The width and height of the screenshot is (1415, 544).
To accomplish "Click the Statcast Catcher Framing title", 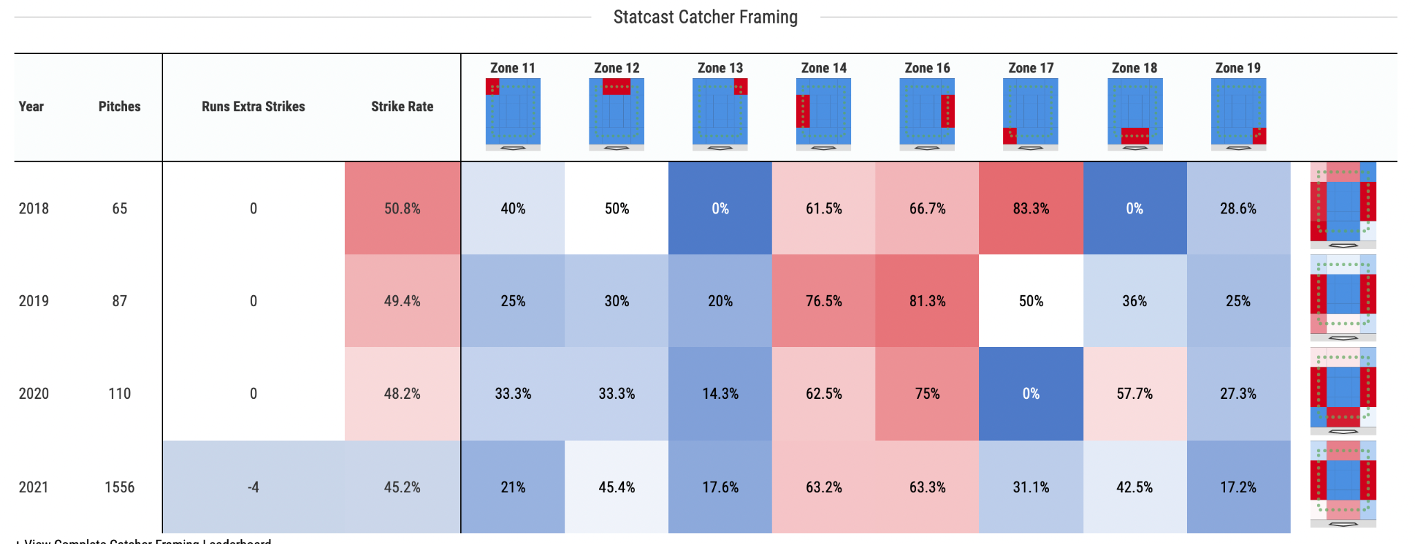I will pos(705,17).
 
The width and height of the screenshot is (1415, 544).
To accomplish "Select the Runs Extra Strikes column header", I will pos(253,106).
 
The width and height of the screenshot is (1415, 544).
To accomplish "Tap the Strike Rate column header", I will pos(402,106).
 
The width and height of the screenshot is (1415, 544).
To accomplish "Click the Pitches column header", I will pos(119,106).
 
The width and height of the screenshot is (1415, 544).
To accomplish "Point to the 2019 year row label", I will pos(34,301).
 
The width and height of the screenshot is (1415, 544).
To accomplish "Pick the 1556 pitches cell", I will pos(120,487).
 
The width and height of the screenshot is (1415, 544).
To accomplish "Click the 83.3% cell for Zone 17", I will pos(1031,209).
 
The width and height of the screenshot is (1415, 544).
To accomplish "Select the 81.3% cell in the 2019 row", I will pos(927,301).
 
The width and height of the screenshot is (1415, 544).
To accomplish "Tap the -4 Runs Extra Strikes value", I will pos(253,487).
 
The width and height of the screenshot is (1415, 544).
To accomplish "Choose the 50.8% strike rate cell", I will pos(402,209).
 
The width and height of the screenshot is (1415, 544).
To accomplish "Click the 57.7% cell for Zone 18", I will pos(1134,394).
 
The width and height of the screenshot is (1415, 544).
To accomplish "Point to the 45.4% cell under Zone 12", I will pos(616,487).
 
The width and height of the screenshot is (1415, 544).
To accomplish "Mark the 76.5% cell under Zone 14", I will pos(824,301).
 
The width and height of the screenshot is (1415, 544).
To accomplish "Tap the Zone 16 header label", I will pos(927,68).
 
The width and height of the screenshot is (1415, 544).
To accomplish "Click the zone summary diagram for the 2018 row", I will pos(1343,205).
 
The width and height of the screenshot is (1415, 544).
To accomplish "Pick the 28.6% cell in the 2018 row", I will pos(1238,209).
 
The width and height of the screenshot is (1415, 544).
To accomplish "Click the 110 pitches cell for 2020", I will pos(120,394).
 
